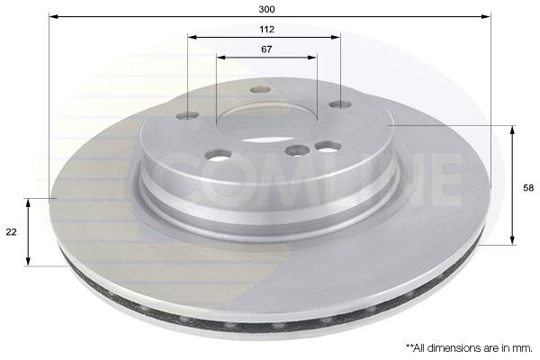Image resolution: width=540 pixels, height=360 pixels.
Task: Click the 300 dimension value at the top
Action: tap(267, 9)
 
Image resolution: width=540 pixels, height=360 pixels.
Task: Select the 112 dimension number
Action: tap(267, 30)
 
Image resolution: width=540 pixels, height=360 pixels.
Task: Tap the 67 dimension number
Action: tap(266, 49)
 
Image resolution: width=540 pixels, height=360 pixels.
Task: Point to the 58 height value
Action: tap(528, 188)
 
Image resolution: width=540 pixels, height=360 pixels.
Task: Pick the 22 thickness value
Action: tap(11, 232)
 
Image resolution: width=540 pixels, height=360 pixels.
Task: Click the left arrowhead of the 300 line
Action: tap(53, 16)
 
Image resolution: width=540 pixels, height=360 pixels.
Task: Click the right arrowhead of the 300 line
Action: tap(486, 16)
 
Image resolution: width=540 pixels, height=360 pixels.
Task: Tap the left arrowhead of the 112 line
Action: tap(193, 37)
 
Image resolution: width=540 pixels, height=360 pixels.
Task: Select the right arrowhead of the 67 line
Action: tap(312, 57)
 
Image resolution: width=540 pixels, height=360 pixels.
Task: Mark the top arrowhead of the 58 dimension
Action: tap(513, 130)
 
